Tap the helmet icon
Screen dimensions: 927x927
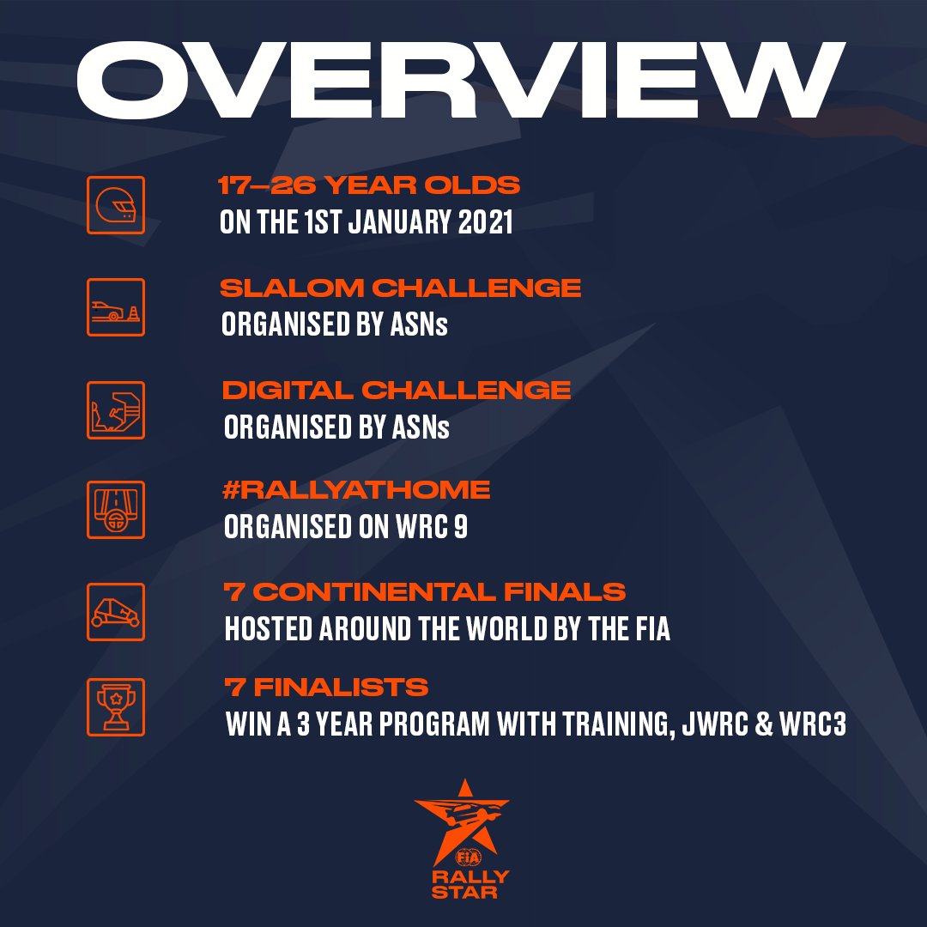(116, 206)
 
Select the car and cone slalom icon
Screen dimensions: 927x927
(116, 306)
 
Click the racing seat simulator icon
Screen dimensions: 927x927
(116, 409)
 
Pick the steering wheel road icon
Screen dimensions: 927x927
(116, 510)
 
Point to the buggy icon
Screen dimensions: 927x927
(116, 611)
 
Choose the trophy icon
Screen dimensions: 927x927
(116, 706)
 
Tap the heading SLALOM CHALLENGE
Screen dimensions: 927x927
(401, 288)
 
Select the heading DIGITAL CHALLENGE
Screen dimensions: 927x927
(397, 390)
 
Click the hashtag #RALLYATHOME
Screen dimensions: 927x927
(356, 490)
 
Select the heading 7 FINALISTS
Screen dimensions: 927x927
(326, 688)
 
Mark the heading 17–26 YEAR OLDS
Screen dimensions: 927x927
(371, 185)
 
